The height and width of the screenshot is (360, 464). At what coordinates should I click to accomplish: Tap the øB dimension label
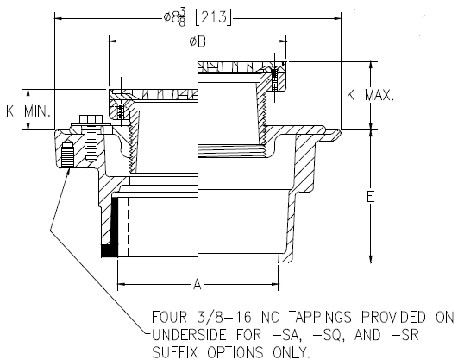click(x=198, y=41)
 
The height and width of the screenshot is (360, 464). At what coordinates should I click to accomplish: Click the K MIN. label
click(x=28, y=111)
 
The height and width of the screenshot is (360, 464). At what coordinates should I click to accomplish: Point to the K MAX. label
click(x=370, y=95)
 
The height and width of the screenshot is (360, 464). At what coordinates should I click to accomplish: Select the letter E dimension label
click(x=369, y=197)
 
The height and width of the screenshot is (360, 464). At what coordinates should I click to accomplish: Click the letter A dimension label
click(x=197, y=283)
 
